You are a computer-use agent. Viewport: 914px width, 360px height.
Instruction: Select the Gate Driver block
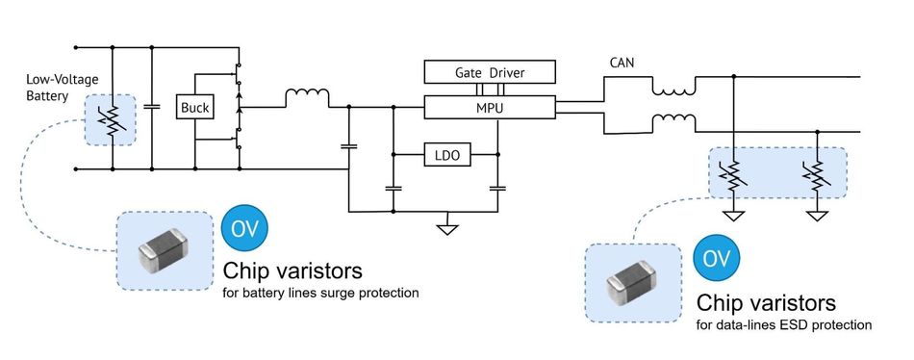point(490,73)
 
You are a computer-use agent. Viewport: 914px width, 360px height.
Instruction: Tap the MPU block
point(490,108)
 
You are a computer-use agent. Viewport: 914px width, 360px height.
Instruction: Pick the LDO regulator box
point(445,154)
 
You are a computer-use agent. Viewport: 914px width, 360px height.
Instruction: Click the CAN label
point(621,64)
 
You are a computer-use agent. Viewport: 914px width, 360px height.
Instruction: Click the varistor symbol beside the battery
point(113,120)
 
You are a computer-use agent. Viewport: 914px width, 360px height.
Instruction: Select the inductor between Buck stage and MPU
point(307,96)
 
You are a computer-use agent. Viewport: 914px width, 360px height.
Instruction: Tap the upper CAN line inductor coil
point(673,90)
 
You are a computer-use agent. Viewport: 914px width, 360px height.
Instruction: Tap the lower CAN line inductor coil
point(673,122)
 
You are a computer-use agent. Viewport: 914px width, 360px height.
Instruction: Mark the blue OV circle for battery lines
point(244,229)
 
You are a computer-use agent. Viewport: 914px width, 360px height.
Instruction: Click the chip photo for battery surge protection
point(164,250)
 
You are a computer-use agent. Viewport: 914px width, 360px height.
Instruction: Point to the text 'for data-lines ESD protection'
point(783,325)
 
